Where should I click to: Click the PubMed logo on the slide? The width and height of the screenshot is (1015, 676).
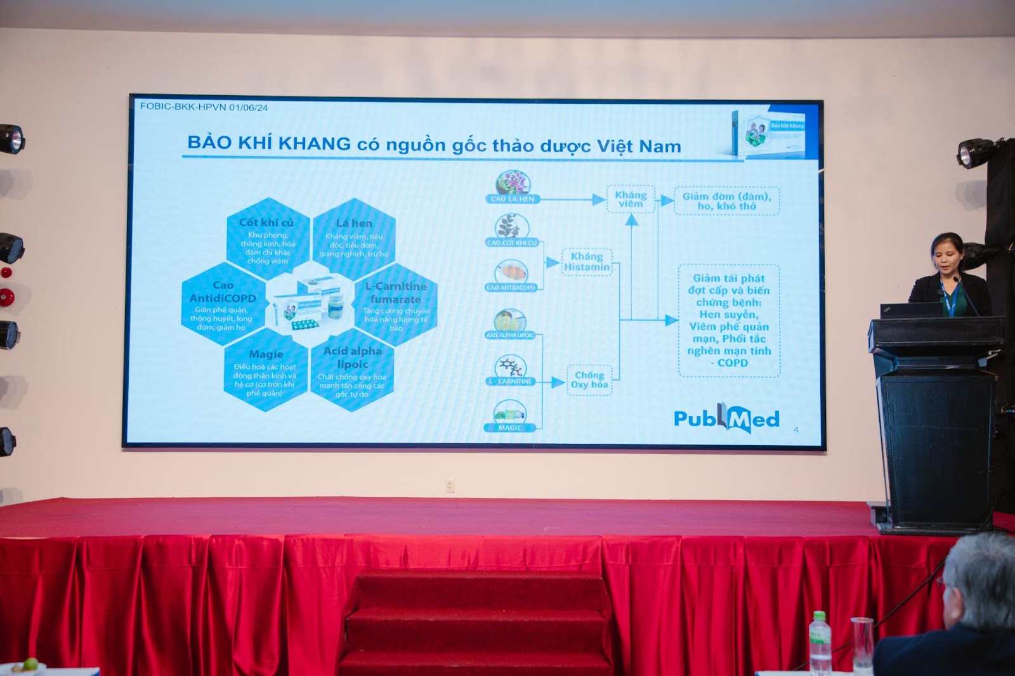726,419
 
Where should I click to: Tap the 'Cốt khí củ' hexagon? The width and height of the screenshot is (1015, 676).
268,239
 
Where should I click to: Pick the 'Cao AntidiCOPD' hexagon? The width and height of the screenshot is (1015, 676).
222,305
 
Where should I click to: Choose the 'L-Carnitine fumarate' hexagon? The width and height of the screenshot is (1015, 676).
396,305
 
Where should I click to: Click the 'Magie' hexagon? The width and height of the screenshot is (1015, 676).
265,372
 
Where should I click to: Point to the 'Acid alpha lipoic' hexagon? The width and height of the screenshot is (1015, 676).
352,371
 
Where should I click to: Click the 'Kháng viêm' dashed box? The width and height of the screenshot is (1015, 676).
631,199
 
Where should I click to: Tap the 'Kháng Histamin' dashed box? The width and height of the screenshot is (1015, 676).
587,262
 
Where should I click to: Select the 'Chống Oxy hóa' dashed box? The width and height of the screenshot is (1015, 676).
589,380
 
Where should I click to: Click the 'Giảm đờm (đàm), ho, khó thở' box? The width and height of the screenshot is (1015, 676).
726,201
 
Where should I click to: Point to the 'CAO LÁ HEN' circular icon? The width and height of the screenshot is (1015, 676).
513,184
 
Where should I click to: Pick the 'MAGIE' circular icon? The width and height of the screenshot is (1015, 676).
509,413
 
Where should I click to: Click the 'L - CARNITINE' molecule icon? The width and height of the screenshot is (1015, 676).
511,368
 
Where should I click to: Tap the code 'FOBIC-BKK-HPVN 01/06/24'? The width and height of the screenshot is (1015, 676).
204,107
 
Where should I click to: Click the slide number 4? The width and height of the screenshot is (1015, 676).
796,430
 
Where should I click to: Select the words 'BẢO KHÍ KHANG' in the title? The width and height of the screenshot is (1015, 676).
269,143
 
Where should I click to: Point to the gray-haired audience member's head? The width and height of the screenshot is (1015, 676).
980,577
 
